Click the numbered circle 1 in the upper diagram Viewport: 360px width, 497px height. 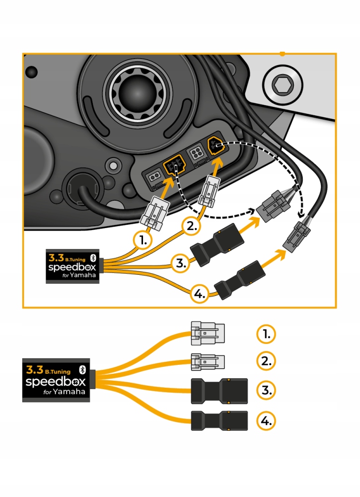pos(143,241)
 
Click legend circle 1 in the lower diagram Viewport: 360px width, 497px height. pos(266,334)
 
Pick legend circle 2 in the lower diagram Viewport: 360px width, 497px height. pos(266,361)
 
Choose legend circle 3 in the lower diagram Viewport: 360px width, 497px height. pos(266,391)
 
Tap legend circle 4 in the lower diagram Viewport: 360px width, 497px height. pos(266,421)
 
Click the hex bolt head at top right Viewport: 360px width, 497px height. pos(282,85)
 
